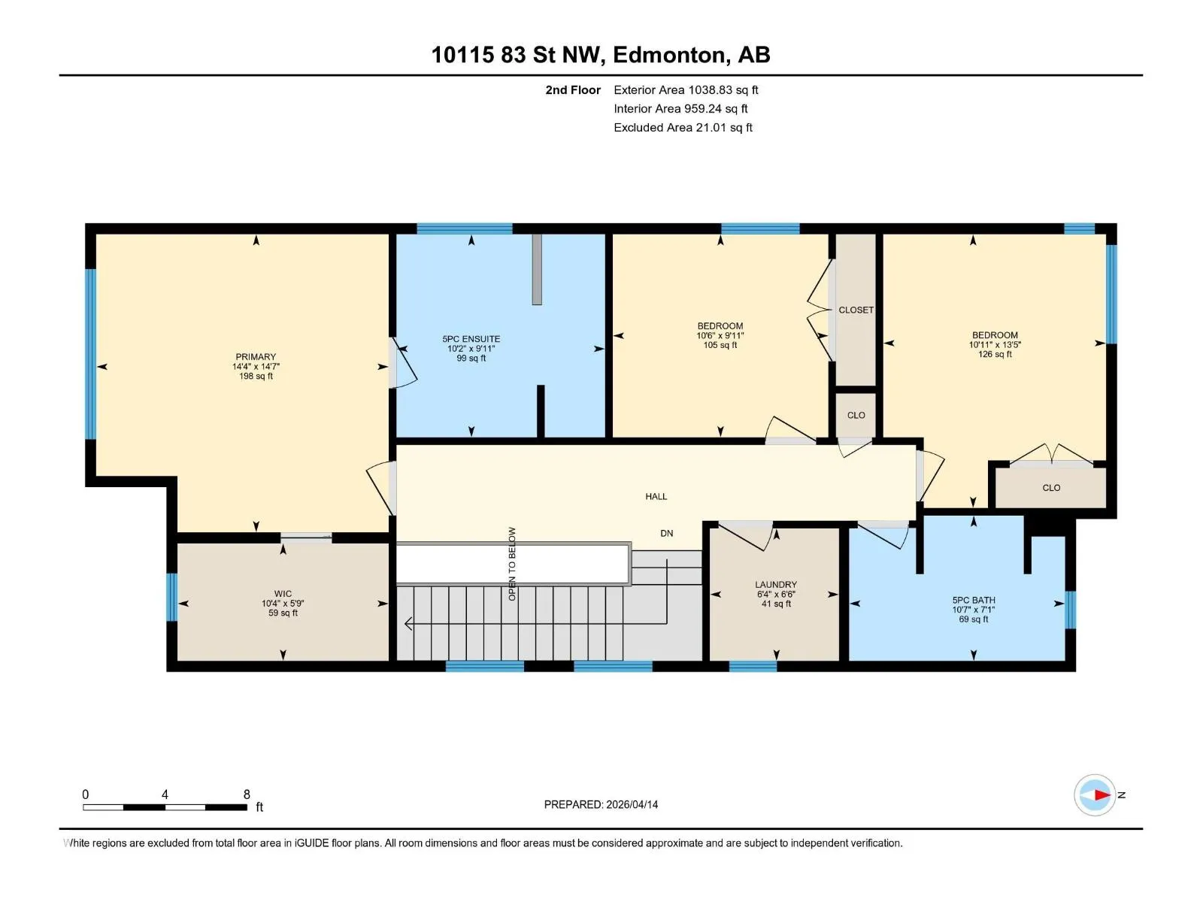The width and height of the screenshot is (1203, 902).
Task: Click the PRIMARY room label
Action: click(256, 356)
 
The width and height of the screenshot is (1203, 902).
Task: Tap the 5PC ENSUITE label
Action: click(471, 339)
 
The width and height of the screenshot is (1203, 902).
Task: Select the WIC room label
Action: click(283, 594)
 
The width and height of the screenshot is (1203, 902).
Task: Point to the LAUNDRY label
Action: click(775, 584)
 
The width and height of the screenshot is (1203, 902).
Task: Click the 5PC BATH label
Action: click(974, 601)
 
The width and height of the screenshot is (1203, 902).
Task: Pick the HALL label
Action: click(656, 497)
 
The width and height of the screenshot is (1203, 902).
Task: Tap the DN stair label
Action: click(666, 534)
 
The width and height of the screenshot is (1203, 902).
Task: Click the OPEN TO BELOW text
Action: click(512, 564)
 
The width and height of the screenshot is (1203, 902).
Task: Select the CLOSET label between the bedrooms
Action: click(856, 310)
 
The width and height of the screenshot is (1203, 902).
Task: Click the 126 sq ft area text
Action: click(995, 354)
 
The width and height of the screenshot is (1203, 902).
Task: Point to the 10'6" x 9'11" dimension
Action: click(720, 336)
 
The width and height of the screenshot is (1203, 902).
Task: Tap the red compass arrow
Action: click(1102, 795)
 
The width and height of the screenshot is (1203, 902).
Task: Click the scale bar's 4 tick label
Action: click(165, 795)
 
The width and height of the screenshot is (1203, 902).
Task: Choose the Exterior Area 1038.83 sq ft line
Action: click(686, 90)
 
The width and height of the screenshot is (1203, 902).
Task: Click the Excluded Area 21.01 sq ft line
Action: click(683, 128)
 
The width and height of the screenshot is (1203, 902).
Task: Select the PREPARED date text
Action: click(601, 804)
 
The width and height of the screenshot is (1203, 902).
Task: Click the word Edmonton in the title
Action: click(671, 55)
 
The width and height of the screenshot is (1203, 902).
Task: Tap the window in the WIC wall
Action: click(171, 597)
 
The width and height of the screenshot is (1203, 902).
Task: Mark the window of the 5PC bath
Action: click(1070, 610)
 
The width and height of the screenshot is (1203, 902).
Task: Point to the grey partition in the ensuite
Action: click(537, 269)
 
